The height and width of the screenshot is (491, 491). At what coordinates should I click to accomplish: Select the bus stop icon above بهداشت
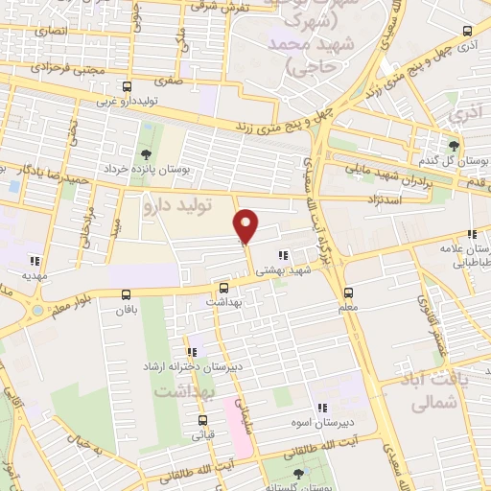(x=224, y=287)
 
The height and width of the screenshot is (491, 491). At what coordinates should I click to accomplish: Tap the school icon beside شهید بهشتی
(x=282, y=255)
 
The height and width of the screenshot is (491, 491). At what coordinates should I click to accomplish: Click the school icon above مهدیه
(x=35, y=260)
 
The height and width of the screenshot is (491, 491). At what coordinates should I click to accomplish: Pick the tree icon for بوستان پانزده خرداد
(x=145, y=154)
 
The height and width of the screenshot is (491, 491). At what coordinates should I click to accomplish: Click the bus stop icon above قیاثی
(x=202, y=420)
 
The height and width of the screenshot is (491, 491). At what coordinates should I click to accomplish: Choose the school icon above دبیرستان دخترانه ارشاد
(x=192, y=352)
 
